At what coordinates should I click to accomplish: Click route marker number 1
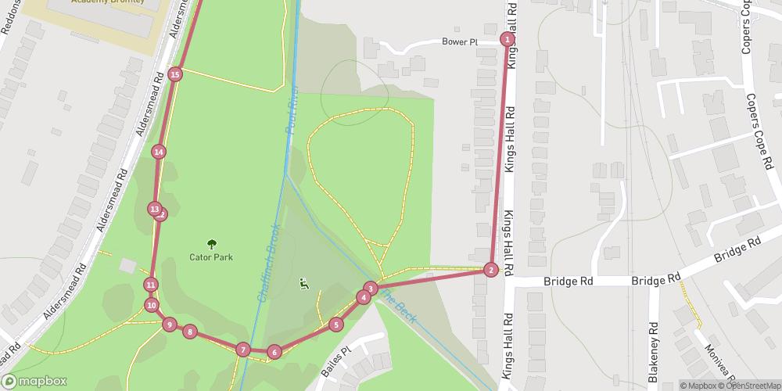508,39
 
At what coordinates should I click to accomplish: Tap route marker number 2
490,270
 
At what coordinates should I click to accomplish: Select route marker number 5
336,325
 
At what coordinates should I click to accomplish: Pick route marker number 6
274,352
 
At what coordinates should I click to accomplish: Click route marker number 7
243,350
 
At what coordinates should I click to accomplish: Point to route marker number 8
189,332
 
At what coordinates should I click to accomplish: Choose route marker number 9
169,324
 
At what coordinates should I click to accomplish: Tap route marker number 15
175,74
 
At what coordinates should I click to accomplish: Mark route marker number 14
159,152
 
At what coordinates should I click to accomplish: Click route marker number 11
151,285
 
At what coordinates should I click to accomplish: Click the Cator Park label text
211,256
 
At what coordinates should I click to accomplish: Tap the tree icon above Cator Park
211,243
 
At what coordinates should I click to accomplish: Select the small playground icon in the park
303,284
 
